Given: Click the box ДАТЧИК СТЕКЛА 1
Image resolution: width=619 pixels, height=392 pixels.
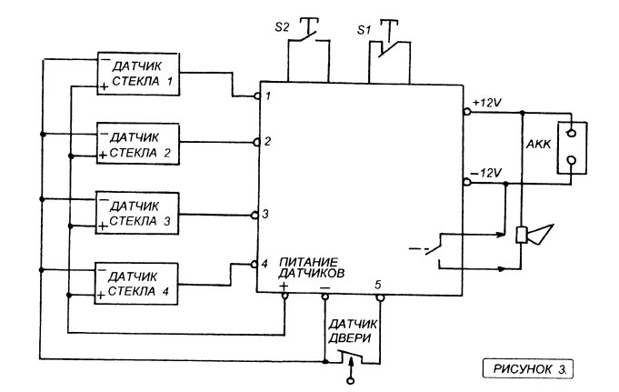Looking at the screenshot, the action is [x=138, y=74].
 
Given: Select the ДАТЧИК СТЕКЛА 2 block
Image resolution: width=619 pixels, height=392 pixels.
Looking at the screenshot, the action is [x=138, y=144].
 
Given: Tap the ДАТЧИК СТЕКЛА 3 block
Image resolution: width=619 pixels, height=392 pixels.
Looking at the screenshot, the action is [x=137, y=214].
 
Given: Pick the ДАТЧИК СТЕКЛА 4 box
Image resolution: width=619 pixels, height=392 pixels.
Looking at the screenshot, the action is [x=136, y=284].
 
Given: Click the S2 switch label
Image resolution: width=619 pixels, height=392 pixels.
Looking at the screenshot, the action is [x=282, y=27].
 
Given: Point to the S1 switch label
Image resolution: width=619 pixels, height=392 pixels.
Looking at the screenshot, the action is [x=364, y=30].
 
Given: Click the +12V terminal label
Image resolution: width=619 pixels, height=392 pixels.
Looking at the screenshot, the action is [x=487, y=103].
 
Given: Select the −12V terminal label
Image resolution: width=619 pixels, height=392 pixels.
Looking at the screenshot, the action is [x=486, y=173].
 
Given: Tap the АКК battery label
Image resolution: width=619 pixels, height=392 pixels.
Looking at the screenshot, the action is [x=538, y=145].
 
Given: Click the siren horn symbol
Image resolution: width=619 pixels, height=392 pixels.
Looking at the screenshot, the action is [x=534, y=235].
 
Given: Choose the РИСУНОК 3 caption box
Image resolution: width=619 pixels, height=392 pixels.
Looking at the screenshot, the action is [x=528, y=369].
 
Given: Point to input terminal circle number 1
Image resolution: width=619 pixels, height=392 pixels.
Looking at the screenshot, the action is [x=257, y=96].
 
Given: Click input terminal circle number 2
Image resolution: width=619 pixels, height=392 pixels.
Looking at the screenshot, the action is [x=256, y=142].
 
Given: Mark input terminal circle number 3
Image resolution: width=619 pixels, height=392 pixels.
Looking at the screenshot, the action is [x=255, y=215].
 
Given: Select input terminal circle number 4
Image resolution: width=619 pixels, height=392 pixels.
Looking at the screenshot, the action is [x=255, y=264].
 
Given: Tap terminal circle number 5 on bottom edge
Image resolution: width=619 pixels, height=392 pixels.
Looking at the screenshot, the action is [x=379, y=297].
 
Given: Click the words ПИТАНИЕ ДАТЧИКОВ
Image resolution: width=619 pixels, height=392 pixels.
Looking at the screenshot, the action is [x=312, y=267].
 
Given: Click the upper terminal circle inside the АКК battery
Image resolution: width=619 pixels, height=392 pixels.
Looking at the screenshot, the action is [x=571, y=133].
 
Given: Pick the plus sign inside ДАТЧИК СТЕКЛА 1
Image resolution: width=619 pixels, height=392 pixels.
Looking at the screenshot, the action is [x=104, y=86].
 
